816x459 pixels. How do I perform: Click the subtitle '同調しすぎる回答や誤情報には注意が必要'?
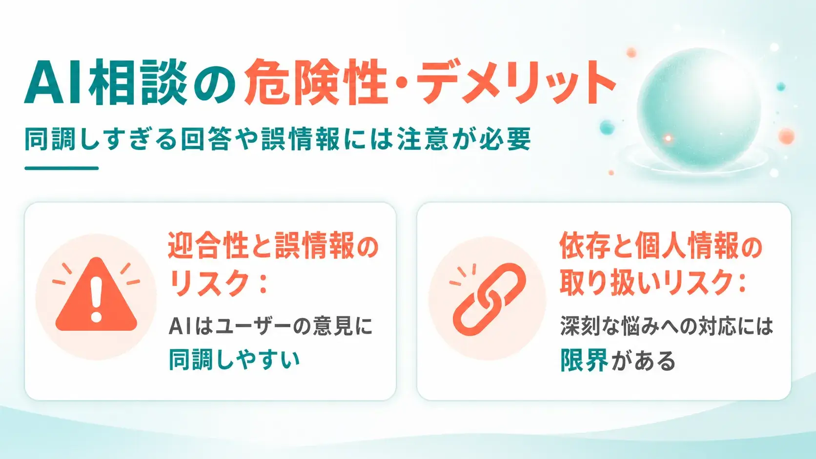coord(278,139)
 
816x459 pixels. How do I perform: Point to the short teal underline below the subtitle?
coord(61,168)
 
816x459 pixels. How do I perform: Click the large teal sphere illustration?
coord(699,109)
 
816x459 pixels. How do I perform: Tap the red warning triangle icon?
coord(96,295)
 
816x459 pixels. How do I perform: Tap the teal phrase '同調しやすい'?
coord(234,360)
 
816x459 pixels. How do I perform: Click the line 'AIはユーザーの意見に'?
coord(271,326)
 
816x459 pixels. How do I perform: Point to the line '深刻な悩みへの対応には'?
coord(666,326)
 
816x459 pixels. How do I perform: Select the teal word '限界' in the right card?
coord(584,360)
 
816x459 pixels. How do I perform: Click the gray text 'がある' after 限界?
coord(643,361)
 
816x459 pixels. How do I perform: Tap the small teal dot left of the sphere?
coord(607,127)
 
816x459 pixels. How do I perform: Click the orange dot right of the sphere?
coord(787,136)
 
